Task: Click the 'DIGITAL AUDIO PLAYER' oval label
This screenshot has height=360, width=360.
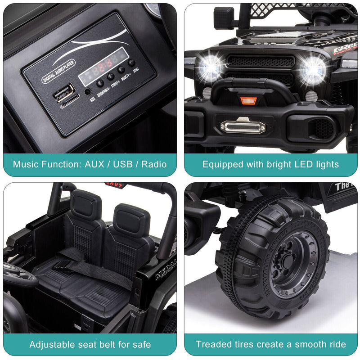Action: tap(58, 71)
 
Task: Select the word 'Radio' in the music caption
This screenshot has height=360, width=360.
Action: tap(154, 164)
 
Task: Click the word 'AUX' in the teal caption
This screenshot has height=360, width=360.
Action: tap(94, 164)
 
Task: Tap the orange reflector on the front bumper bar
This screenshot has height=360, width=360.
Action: tap(248, 100)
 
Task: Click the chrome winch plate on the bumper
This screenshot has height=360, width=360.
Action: tap(243, 126)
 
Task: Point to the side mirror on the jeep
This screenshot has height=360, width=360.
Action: tap(223, 18)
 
